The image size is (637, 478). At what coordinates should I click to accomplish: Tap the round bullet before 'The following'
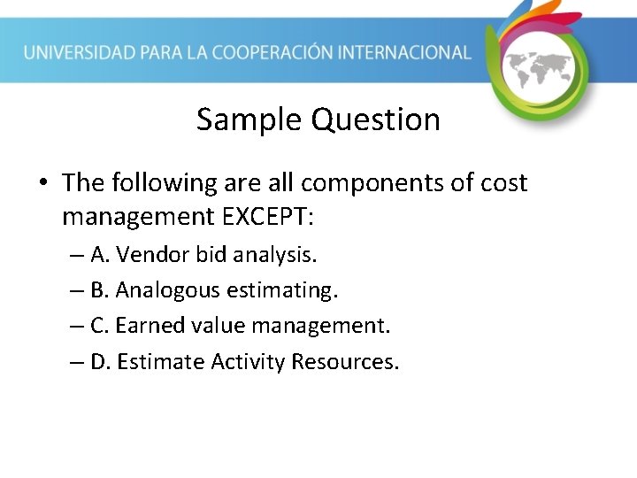43,184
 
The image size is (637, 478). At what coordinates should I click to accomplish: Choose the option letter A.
99,256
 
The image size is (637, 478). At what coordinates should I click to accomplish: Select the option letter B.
99,290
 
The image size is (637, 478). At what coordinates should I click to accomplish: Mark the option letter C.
99,326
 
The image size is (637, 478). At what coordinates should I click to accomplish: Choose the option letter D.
100,362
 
